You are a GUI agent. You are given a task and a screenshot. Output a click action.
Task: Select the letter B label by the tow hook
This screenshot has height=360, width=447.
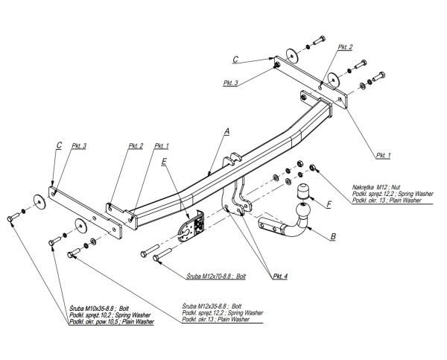pyautogui.click(x=332, y=238)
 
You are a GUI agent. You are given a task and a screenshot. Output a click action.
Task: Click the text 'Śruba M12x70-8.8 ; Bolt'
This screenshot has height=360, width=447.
pyautogui.click(x=214, y=275)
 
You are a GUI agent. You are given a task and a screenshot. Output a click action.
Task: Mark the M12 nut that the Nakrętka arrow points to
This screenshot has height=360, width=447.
pyautogui.click(x=312, y=168)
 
